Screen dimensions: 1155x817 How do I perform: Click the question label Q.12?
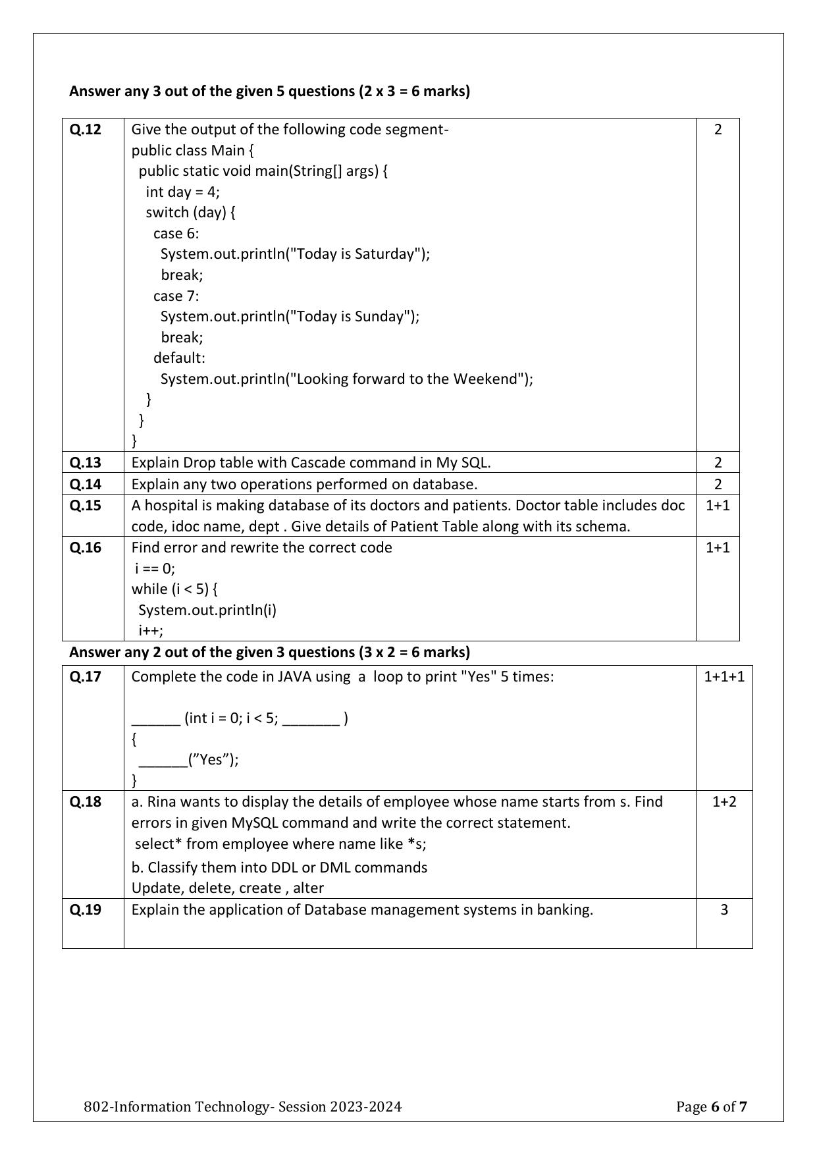(x=86, y=129)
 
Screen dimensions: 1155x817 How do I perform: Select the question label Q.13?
(x=86, y=462)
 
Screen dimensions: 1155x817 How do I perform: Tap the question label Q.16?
(x=86, y=547)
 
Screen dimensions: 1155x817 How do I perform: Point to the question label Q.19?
(x=86, y=909)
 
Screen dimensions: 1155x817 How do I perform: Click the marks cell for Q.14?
(x=718, y=484)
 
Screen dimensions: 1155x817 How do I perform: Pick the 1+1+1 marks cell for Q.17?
(x=724, y=676)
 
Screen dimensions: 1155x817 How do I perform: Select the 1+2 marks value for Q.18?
(x=724, y=801)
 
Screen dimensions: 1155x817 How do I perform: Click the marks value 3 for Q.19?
(x=724, y=909)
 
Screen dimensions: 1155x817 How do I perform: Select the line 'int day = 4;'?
(x=183, y=192)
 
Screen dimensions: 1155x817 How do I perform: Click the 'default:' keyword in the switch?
(x=179, y=358)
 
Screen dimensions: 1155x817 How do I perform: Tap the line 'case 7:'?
(x=176, y=296)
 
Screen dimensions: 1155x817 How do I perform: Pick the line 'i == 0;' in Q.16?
(x=155, y=568)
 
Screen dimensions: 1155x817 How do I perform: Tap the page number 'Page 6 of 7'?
(x=711, y=1106)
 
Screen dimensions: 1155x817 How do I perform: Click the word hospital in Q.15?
(x=171, y=505)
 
